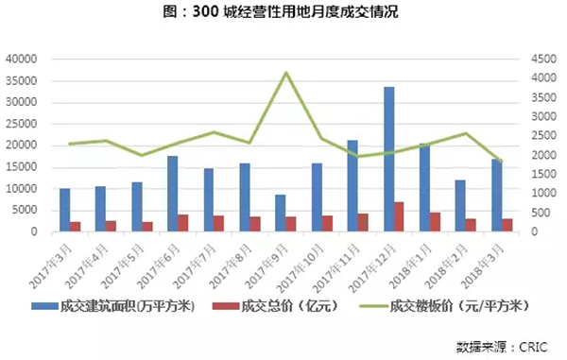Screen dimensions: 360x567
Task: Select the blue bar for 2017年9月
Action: tap(281, 213)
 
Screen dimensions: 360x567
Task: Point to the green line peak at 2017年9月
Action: tap(286, 73)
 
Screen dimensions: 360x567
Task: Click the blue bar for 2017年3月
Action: tap(64, 210)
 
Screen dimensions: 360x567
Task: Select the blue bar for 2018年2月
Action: tap(460, 205)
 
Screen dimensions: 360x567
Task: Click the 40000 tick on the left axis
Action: tap(20, 59)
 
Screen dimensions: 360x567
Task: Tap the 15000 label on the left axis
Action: tap(20, 167)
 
